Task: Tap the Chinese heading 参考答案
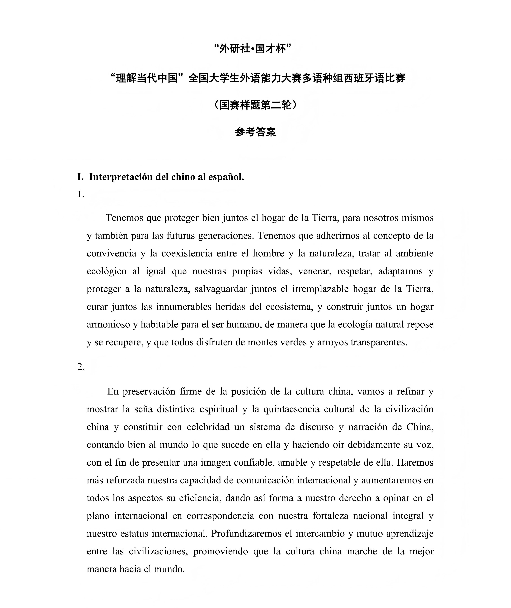tap(255, 132)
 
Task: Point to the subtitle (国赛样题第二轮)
tap(255, 105)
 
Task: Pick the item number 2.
tap(81, 367)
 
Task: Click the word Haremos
tap(415, 462)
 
